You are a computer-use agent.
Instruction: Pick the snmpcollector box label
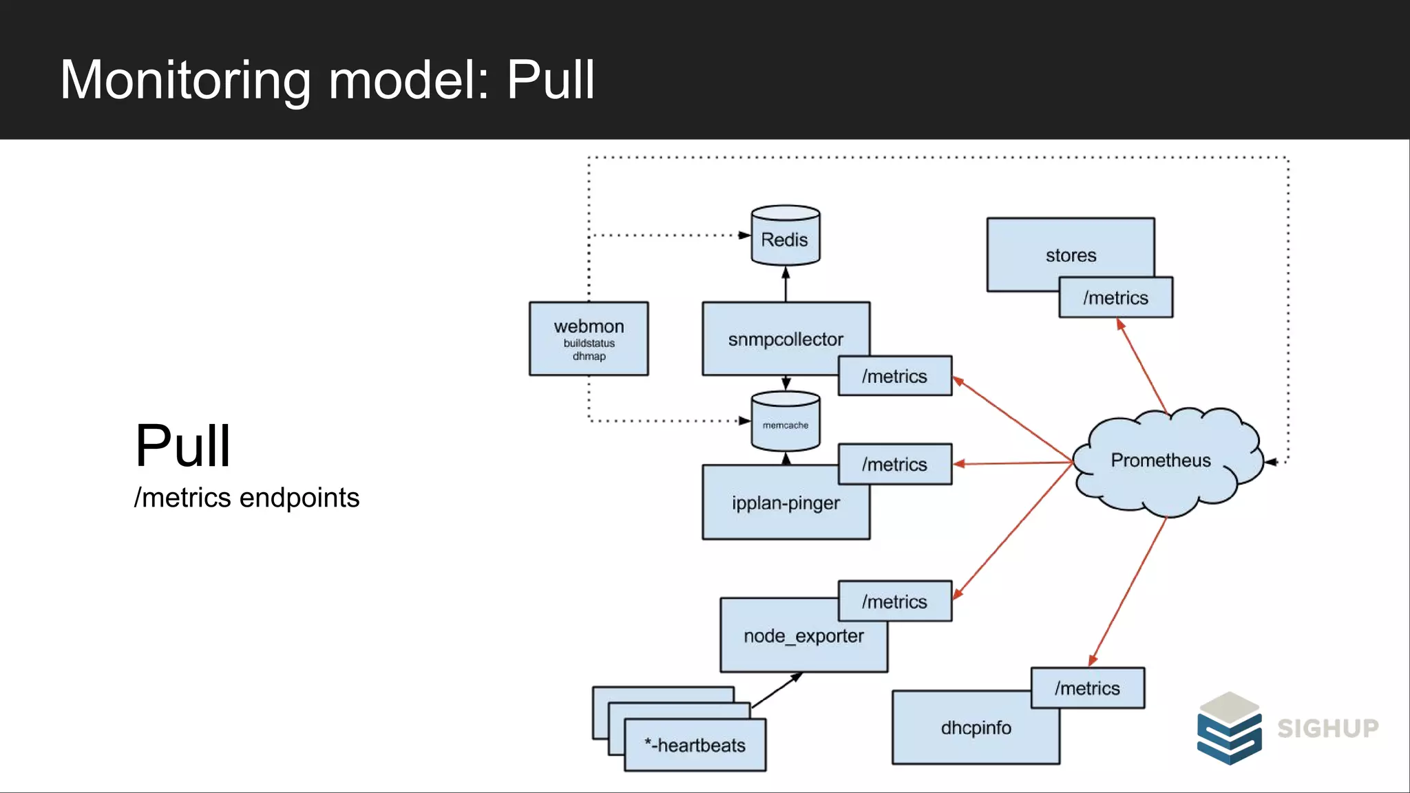coord(785,339)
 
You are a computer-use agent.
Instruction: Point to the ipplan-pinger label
coord(785,503)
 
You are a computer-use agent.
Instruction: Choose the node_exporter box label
coord(803,636)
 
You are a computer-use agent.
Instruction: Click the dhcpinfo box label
coord(975,728)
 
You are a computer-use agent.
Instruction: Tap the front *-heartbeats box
coord(695,746)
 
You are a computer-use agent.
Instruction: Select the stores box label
coord(1071,255)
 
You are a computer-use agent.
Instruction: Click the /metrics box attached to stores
coord(1115,298)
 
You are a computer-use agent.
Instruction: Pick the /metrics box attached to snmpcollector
coord(894,377)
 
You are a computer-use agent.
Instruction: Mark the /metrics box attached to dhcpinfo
coord(1087,688)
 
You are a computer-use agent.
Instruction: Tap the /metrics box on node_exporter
coord(894,602)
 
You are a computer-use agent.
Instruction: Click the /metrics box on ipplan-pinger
coord(894,465)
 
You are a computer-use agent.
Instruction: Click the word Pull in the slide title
coord(550,81)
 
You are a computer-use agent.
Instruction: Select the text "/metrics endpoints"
coord(246,498)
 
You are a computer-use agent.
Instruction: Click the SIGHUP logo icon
coord(1229,729)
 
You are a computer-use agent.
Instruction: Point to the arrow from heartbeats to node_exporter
coord(777,690)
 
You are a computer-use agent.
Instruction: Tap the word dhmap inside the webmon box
coord(589,357)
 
